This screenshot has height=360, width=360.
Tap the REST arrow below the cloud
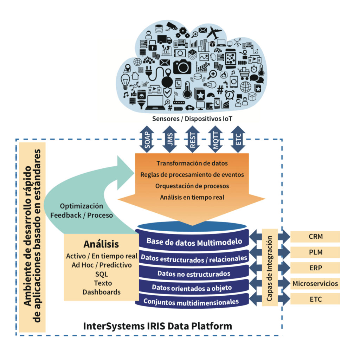(192, 139)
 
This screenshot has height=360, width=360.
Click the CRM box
(315, 237)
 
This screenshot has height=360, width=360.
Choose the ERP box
(315, 268)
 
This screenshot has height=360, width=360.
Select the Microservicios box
(315, 283)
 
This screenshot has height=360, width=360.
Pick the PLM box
(315, 252)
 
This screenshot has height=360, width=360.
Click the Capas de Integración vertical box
(270, 268)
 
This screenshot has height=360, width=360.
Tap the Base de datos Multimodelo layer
(194, 242)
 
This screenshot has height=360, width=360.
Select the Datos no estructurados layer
(194, 273)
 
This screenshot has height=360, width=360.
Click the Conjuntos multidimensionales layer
(192, 301)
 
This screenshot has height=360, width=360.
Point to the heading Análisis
(101, 244)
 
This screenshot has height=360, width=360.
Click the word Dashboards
(101, 292)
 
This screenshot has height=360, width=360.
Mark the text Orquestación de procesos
(192, 186)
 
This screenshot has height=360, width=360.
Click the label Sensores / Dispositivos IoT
(192, 118)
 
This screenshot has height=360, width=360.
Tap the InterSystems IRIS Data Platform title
(157, 326)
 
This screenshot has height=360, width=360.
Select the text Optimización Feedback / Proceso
(82, 211)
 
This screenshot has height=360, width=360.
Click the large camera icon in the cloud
(182, 66)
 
